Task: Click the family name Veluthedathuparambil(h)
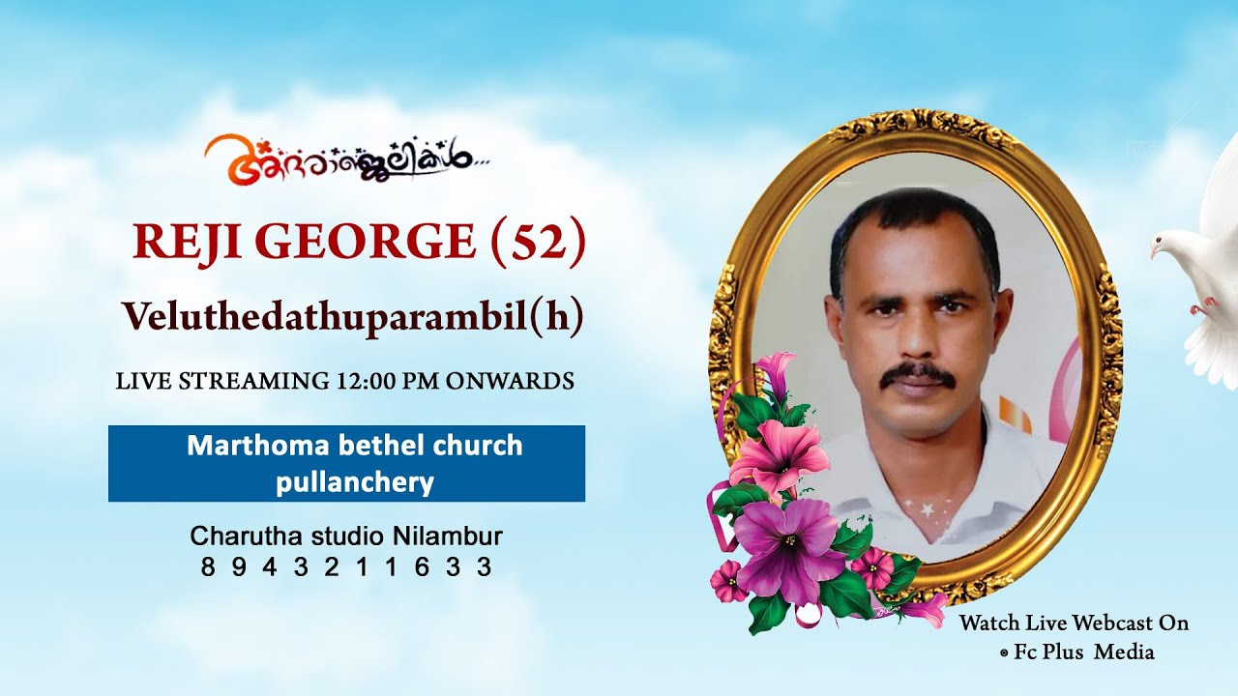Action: click(x=352, y=317)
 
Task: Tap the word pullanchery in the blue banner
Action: click(x=354, y=481)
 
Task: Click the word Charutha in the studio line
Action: click(x=236, y=536)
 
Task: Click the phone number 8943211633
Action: click(x=346, y=567)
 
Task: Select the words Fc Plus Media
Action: click(x=1083, y=652)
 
